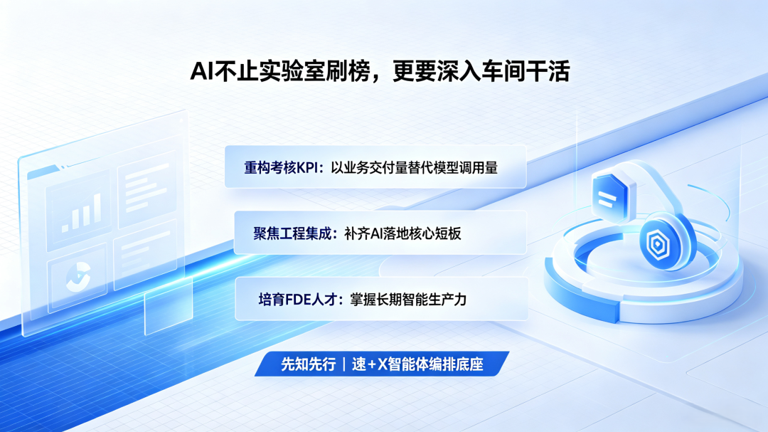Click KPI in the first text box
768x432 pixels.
pos(307,168)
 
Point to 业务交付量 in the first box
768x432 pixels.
pos(377,168)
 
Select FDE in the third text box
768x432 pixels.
pos(298,299)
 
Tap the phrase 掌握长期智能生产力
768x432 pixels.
pos(408,299)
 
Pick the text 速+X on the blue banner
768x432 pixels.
pos(369,364)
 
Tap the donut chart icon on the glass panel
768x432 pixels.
pos(78,277)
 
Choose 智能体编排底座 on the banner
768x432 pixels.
pos(435,364)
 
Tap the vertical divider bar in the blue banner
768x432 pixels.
pos(344,364)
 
